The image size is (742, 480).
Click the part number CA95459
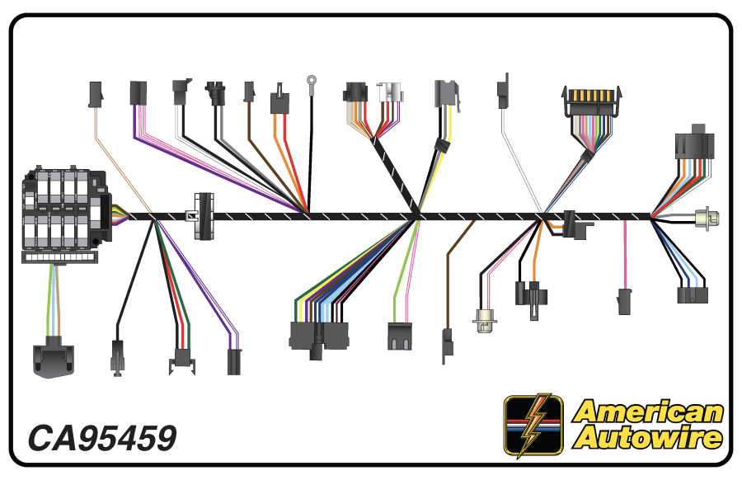click(102, 438)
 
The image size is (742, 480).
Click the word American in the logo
click(648, 412)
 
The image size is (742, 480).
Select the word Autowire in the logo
click(648, 437)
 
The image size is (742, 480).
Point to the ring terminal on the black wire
click(312, 81)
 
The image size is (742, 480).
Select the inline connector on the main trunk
click(204, 216)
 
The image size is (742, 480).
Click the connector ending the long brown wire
click(447, 345)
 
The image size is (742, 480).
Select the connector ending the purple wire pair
click(234, 361)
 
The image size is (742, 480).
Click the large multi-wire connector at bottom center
click(318, 336)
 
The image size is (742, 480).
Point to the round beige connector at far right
click(707, 219)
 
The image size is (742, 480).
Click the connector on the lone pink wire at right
click(624, 301)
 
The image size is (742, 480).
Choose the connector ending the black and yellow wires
click(446, 94)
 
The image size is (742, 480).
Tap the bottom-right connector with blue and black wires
click(692, 295)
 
